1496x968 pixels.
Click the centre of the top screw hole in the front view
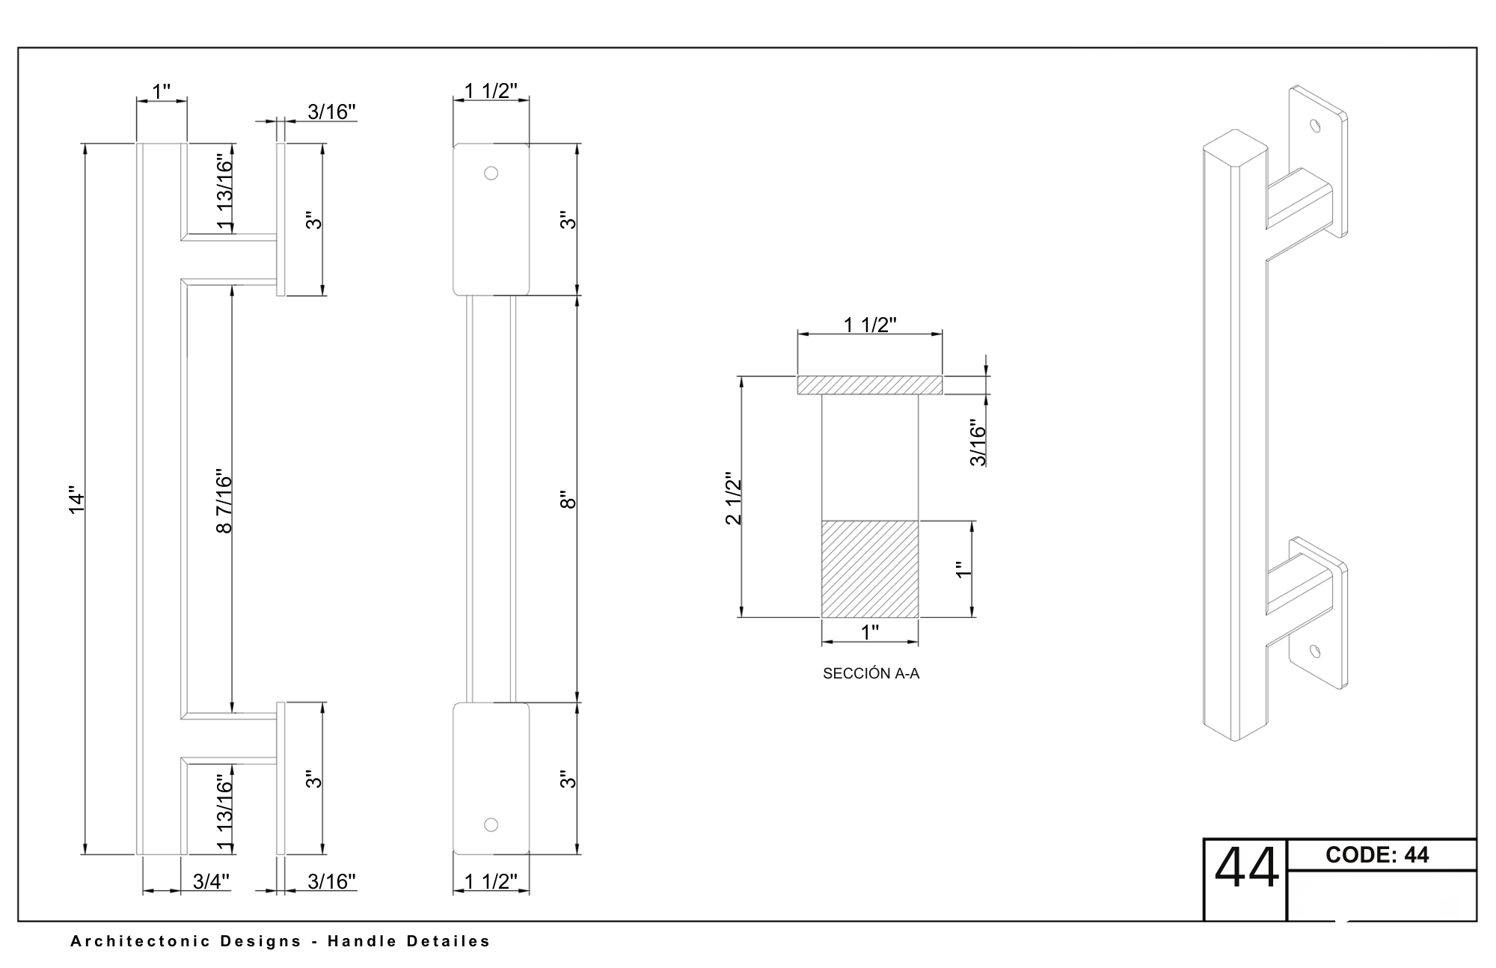pos(491,173)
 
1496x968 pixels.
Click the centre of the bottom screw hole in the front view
pos(491,824)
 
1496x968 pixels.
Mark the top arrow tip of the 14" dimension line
pos(85,144)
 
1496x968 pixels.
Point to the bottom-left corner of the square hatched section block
pos(822,617)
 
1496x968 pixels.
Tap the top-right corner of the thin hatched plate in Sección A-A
pos(942,376)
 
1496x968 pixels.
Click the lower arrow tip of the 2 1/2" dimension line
pos(741,617)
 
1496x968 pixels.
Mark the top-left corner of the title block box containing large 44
pos(1204,839)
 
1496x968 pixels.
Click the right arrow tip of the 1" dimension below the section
pos(919,641)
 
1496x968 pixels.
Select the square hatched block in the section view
pos(870,569)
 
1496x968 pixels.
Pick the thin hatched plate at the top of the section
pos(869,385)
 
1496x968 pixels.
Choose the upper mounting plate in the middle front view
pos(491,219)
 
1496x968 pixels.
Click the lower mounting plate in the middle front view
pos(491,778)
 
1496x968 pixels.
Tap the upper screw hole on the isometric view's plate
pos(1315,125)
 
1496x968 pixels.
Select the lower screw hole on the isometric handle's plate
pos(1315,652)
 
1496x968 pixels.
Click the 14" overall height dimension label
pos(77,502)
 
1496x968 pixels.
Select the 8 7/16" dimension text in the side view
pos(224,501)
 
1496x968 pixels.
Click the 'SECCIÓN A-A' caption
pos(871,673)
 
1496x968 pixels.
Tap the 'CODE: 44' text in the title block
pos(1377,855)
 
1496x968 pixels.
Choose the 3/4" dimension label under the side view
pos(211,881)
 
